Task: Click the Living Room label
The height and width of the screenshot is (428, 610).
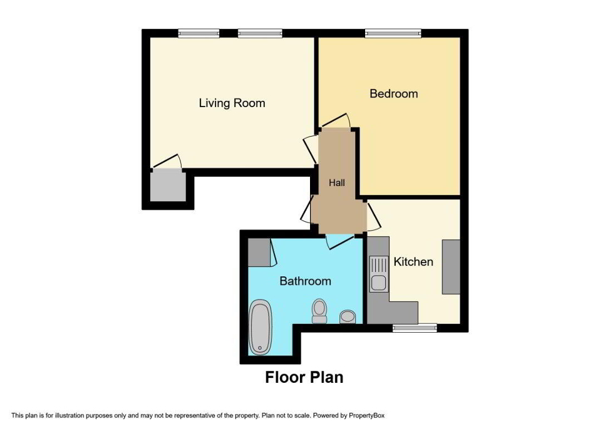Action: click(x=232, y=103)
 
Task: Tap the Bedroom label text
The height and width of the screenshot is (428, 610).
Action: click(x=393, y=93)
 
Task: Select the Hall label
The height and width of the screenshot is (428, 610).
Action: click(x=337, y=183)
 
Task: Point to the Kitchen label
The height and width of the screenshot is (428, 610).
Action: click(x=413, y=261)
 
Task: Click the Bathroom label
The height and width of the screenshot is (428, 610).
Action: click(x=305, y=281)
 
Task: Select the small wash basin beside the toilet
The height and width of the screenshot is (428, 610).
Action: click(x=348, y=317)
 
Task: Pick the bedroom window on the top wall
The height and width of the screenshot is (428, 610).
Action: click(x=393, y=33)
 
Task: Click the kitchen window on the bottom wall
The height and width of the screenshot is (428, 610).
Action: click(x=415, y=327)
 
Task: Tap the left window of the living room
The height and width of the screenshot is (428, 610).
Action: click(x=199, y=33)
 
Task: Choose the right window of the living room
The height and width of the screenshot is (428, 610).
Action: click(x=258, y=33)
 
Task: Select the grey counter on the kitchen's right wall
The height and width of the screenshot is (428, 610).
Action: click(x=451, y=266)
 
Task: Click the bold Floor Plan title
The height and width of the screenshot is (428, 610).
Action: click(x=304, y=377)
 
